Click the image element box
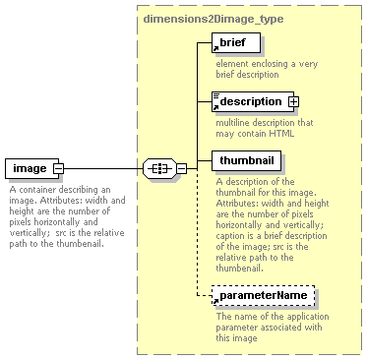tap(30, 169)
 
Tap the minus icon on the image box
tap(58, 169)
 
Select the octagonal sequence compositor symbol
tap(158, 169)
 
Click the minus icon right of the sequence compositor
tap(181, 169)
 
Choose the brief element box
tap(236, 43)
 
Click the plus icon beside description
tap(293, 101)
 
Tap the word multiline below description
tap(234, 122)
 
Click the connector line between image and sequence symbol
tap(103, 169)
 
